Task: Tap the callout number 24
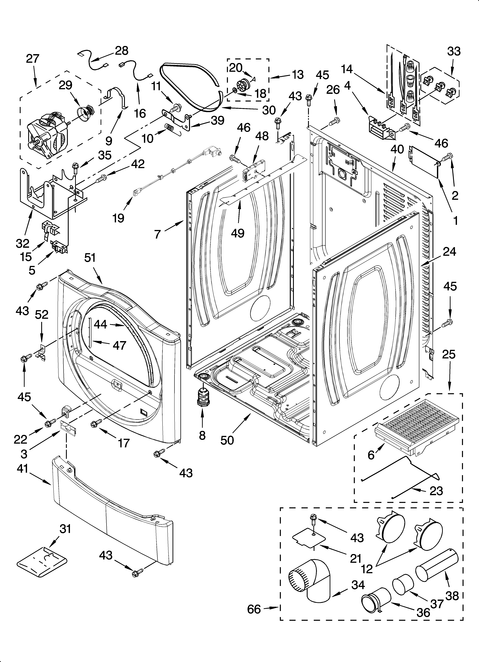(449, 252)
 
